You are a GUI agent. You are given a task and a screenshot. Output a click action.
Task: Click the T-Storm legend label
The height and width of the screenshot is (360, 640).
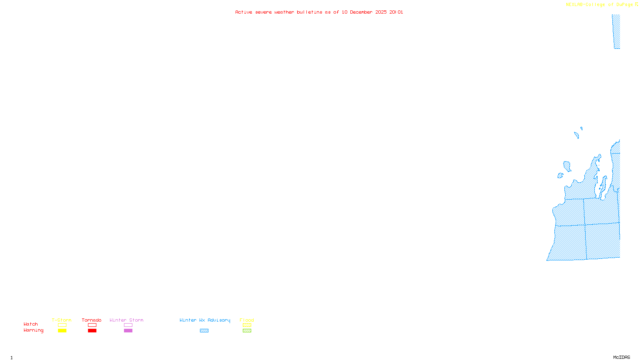tap(62, 320)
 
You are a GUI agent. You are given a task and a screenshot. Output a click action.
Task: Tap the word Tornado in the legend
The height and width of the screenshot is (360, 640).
tap(92, 320)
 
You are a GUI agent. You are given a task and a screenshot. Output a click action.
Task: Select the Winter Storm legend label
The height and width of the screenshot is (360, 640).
tap(126, 320)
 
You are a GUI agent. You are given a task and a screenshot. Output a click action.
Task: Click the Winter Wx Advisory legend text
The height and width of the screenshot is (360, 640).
tap(205, 320)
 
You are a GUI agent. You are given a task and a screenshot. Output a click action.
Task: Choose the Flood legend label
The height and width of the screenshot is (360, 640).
tap(247, 320)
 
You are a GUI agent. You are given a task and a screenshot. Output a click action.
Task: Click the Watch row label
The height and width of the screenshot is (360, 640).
tap(31, 324)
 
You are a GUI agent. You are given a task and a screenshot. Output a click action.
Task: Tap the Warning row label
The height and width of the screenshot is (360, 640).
tap(34, 330)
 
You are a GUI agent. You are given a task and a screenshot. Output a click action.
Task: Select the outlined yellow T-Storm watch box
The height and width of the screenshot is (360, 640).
tap(62, 325)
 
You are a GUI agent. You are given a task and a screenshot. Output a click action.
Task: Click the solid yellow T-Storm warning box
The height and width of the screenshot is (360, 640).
tap(62, 331)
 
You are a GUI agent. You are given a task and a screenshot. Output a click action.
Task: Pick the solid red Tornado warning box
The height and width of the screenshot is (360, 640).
tap(92, 331)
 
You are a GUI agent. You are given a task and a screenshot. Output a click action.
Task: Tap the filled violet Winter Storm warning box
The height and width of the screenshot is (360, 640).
tap(128, 331)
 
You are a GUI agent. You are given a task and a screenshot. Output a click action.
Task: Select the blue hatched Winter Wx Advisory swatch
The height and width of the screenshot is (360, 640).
tap(204, 331)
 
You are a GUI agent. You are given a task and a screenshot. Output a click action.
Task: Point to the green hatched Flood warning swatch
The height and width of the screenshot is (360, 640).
tap(247, 331)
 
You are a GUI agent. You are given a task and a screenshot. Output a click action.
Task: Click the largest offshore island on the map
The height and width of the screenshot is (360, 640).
tap(567, 166)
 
